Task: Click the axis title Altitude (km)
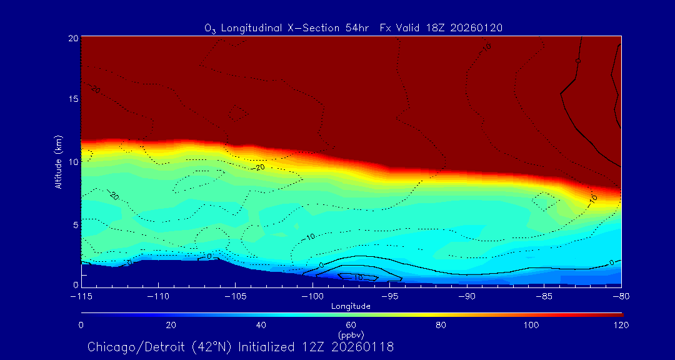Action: click(58, 162)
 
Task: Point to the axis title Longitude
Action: click(351, 306)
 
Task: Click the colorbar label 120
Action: click(621, 325)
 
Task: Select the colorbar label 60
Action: click(351, 325)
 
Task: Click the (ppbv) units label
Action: click(351, 334)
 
